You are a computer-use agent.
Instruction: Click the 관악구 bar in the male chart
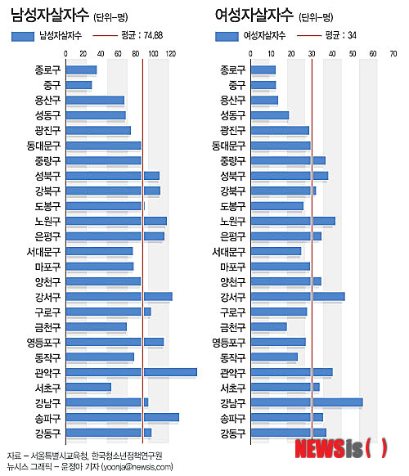(132, 372)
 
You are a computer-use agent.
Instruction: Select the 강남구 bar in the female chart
(307, 402)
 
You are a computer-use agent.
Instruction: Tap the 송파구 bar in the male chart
(123, 417)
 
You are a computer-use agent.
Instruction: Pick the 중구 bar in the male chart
(79, 85)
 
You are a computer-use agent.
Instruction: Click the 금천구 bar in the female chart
(269, 327)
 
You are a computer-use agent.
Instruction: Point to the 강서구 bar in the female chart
(298, 297)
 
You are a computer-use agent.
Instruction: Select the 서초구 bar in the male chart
(88, 388)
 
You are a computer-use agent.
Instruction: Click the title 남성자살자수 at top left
(50, 15)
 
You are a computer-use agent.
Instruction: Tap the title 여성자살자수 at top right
(254, 15)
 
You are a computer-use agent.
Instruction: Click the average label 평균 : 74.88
(142, 35)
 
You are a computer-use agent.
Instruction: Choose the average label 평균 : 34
(340, 35)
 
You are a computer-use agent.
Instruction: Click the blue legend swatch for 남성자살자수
(23, 37)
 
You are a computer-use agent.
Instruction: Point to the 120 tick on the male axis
(171, 54)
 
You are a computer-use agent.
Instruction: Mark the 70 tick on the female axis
(393, 54)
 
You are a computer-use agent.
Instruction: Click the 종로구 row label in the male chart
(47, 70)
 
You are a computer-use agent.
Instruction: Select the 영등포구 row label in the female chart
(228, 343)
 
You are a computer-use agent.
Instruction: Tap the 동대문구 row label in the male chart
(43, 146)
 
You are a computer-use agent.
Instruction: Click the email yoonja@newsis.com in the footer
(137, 466)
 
